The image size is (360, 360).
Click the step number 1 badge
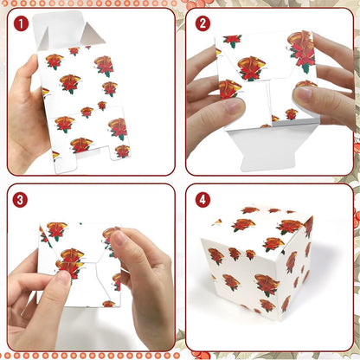tap(20, 23)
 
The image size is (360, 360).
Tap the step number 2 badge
tap(202, 23)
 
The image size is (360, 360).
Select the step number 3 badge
tap(20, 199)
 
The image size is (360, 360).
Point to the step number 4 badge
tap(202, 199)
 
